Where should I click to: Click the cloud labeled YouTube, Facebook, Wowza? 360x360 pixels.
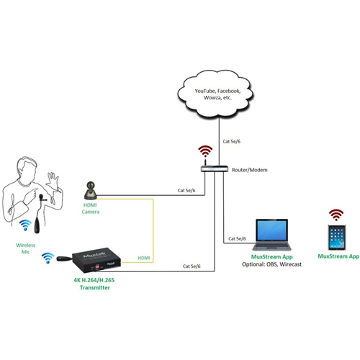[215, 94]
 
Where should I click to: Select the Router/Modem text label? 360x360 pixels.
[249, 170]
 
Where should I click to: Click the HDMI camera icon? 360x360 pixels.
[91, 190]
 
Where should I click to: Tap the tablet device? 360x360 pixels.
[337, 238]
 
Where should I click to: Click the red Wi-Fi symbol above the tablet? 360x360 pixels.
[336, 215]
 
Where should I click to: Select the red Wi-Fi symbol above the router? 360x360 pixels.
[205, 151]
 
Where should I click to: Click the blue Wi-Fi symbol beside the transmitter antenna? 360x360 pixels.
[48, 258]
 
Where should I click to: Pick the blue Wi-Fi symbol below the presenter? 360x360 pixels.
[25, 225]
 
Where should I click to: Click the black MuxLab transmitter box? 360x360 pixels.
[96, 260]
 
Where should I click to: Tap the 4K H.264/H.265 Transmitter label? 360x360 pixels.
[94, 284]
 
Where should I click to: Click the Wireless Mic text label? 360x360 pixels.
[25, 248]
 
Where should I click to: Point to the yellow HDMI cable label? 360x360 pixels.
[144, 258]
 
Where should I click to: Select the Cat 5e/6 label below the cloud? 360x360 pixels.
[231, 141]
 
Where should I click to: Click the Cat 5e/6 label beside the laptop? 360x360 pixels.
[237, 238]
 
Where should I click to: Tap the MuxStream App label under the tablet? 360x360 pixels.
[338, 256]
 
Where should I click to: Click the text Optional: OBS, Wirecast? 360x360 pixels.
[271, 264]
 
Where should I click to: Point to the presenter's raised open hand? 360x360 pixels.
[53, 179]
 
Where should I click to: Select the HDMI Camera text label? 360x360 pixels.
[91, 208]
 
